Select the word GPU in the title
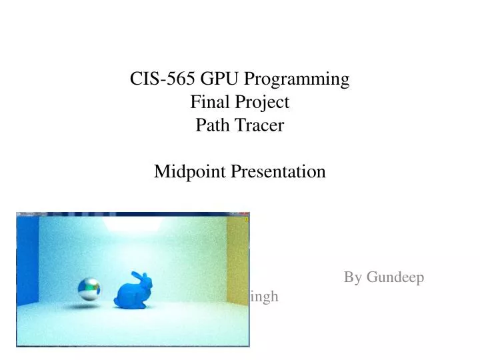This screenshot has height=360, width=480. point(216,79)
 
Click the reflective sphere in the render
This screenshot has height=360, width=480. point(89,288)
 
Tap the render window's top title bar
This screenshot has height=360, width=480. point(133,215)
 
